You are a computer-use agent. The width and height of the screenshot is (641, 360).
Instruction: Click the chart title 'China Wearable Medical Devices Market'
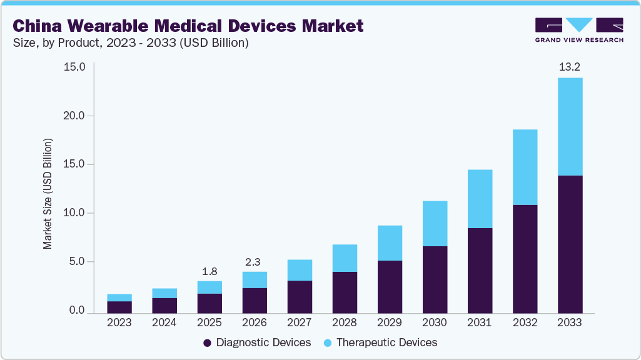click(x=188, y=26)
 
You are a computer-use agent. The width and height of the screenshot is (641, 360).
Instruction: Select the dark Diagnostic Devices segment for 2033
click(x=570, y=244)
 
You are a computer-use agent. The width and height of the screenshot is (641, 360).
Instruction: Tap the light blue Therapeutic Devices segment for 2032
click(x=525, y=167)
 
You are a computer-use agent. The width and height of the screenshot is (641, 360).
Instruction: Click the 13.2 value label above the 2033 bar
click(x=570, y=66)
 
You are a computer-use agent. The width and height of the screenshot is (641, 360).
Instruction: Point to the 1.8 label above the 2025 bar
click(x=209, y=272)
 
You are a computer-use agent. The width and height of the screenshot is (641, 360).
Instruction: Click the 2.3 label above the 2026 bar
click(x=255, y=262)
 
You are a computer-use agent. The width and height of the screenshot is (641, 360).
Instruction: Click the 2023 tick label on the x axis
click(x=119, y=322)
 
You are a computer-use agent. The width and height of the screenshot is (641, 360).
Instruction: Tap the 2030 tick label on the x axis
click(x=435, y=322)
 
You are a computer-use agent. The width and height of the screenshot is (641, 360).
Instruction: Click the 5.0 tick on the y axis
click(x=78, y=261)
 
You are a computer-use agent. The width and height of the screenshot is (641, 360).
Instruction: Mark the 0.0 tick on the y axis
click(x=78, y=310)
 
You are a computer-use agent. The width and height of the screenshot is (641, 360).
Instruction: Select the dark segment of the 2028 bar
click(x=345, y=292)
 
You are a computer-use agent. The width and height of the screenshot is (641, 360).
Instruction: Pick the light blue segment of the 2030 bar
click(x=435, y=223)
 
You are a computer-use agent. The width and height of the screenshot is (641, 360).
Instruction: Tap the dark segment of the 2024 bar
click(x=164, y=305)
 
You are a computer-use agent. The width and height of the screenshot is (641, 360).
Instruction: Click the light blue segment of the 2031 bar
click(x=480, y=199)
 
